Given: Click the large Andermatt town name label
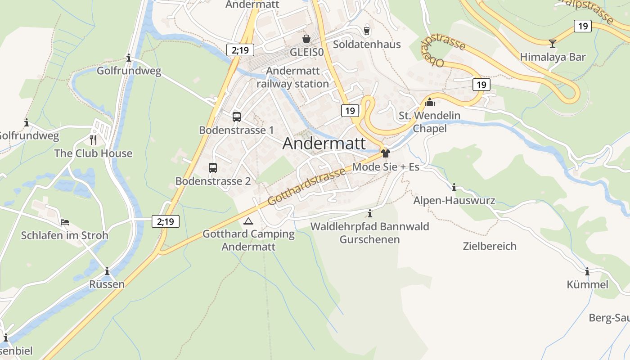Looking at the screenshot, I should pyautogui.click(x=324, y=143).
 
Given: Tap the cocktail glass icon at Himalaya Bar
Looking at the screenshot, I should pyautogui.click(x=553, y=43).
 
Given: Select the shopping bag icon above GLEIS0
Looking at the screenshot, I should pyautogui.click(x=306, y=39).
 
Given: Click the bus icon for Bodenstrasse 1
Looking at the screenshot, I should pyautogui.click(x=237, y=117).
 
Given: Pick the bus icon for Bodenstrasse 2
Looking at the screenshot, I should pyautogui.click(x=213, y=168).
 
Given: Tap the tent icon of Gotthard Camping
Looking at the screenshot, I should pyautogui.click(x=248, y=221).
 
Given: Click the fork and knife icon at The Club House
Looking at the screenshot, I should pyautogui.click(x=93, y=139).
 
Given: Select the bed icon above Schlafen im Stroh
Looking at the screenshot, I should pyautogui.click(x=65, y=222).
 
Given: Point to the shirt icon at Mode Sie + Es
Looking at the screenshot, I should pyautogui.click(x=385, y=153).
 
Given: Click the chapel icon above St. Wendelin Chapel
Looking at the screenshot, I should pyautogui.click(x=430, y=102).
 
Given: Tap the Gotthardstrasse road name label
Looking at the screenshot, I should pyautogui.click(x=307, y=186).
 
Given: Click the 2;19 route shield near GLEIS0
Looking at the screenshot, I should pyautogui.click(x=240, y=50).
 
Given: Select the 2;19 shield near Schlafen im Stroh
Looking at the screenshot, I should pyautogui.click(x=166, y=221).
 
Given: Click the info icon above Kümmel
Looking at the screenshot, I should pyautogui.click(x=587, y=271).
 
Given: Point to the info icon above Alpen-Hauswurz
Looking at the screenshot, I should pyautogui.click(x=454, y=187).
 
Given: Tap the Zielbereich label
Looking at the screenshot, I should pyautogui.click(x=490, y=246).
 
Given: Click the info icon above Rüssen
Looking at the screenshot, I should pyautogui.click(x=107, y=271).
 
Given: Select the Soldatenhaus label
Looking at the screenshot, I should pyautogui.click(x=367, y=44).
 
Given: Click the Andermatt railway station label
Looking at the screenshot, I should pyautogui.click(x=292, y=77).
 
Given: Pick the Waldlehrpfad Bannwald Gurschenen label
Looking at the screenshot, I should pyautogui.click(x=369, y=233).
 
